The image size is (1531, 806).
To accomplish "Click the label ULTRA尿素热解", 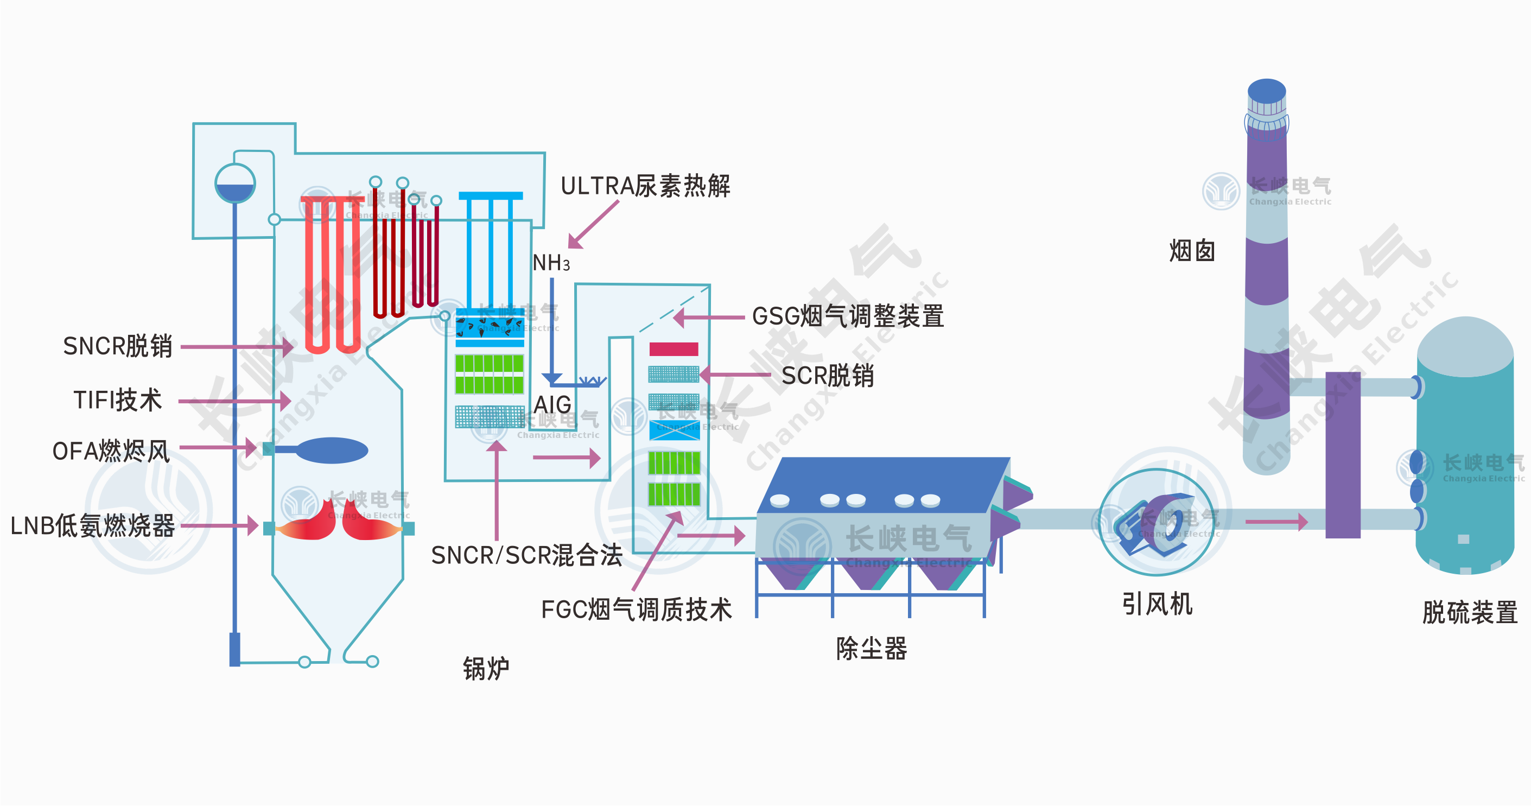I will coord(645,187).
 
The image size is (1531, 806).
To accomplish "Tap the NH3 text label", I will coord(551,263).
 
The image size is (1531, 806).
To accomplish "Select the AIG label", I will coord(552,405).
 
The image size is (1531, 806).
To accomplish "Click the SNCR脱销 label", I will coord(118,346).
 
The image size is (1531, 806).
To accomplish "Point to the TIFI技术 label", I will coord(118,400).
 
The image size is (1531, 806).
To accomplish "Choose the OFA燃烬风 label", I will coord(112,452).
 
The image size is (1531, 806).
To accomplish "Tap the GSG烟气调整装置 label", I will coord(848,317).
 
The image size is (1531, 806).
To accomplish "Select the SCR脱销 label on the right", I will coord(827,376).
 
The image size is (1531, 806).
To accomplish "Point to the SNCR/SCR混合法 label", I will coord(526,556).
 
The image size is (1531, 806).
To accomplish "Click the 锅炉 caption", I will coord(486,669).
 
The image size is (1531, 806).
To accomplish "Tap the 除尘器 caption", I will coord(871,649).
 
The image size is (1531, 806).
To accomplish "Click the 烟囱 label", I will coord(1192,251).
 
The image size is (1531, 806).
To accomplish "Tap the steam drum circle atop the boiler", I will coord(236,183).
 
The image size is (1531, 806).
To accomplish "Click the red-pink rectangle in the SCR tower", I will coord(674,349).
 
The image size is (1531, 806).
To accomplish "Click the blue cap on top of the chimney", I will coord(1267,91).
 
